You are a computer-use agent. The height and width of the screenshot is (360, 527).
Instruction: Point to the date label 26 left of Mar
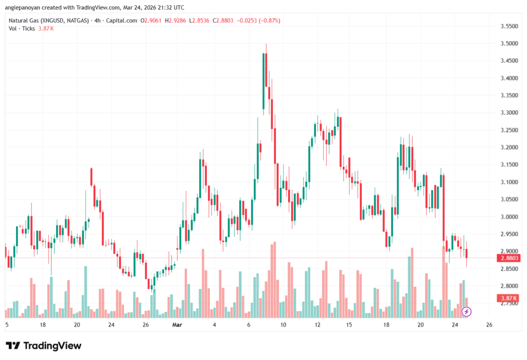(146, 325)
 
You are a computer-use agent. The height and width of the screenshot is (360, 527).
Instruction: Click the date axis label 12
(318, 325)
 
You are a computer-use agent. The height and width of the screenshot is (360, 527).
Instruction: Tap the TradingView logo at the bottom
(44, 346)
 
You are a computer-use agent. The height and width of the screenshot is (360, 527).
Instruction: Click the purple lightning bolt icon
(466, 312)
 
